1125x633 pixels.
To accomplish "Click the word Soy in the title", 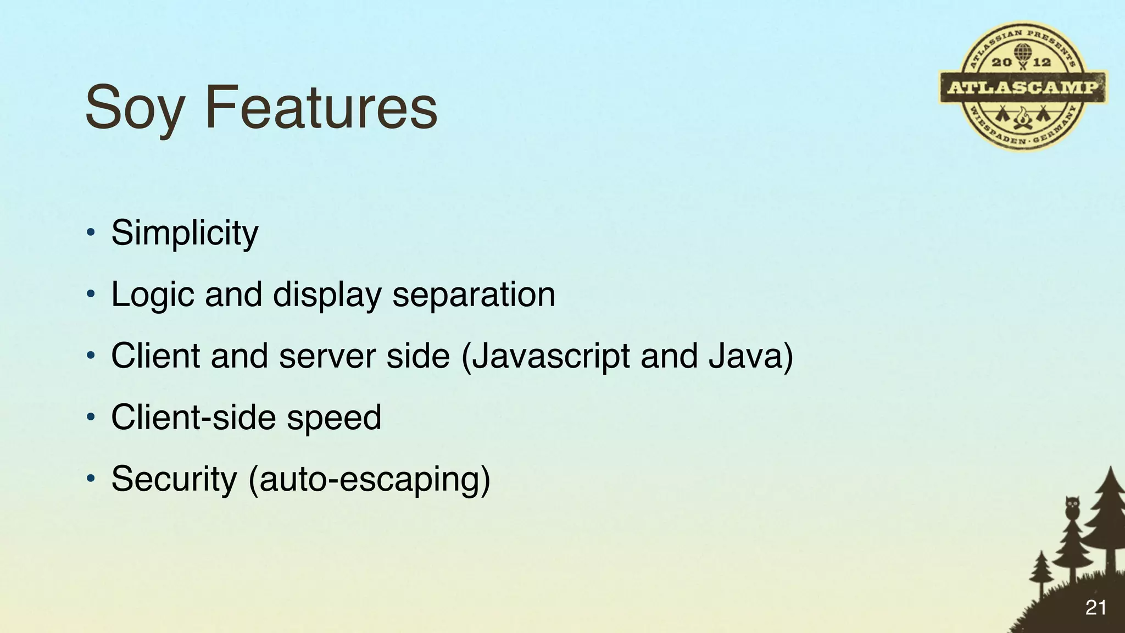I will coord(135,107).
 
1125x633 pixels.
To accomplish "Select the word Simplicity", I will coord(185,233).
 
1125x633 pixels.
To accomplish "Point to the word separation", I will coord(474,295).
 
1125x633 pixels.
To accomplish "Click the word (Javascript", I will coord(545,356).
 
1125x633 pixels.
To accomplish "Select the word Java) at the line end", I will coord(751,356).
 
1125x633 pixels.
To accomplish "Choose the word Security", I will coord(174,479).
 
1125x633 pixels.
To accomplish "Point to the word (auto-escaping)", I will coord(369,479).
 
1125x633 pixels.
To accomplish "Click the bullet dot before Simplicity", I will coord(91,233).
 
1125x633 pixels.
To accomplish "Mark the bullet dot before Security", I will coord(91,479).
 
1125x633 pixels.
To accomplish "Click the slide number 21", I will coord(1095,608).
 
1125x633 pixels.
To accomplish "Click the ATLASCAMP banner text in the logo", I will coord(1023,87).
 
